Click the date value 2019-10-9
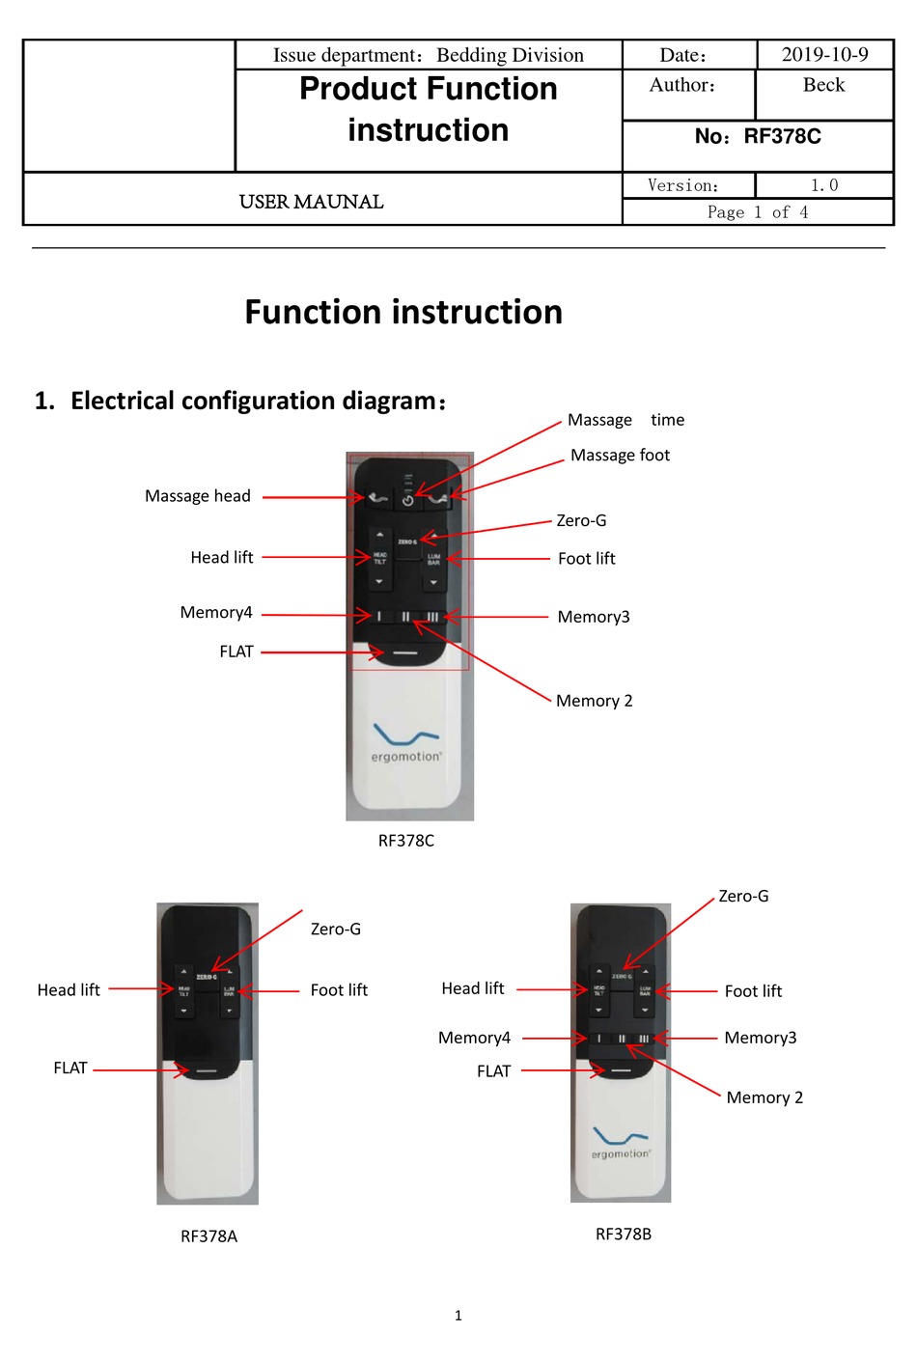824,55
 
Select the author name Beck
823,85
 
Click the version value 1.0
824,185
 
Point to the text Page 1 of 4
758,212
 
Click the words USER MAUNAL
311,202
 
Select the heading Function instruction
403,312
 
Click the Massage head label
198,496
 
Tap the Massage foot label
620,455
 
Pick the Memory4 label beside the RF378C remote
216,612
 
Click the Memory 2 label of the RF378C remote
594,701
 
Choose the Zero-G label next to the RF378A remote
336,929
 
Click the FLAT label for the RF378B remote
493,1071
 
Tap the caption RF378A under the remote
208,1236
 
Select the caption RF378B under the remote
624,1235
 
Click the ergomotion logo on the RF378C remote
406,743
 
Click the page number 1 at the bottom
458,1316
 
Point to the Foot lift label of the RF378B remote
753,991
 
